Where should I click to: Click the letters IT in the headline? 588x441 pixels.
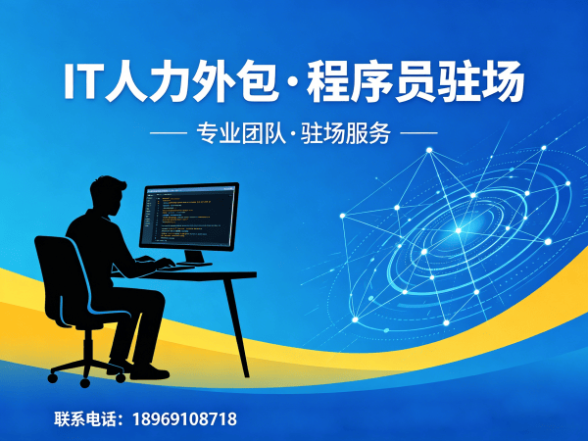[83, 83]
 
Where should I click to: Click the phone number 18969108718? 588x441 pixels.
[183, 418]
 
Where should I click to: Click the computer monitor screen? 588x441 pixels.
[188, 214]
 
